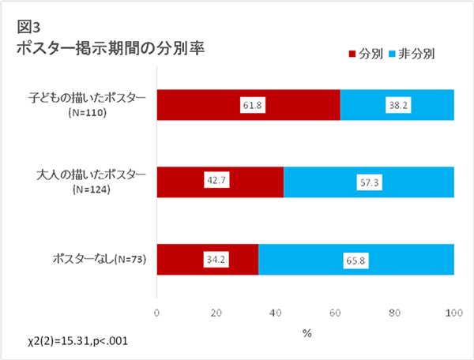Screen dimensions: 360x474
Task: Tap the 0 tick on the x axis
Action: [x=157, y=313]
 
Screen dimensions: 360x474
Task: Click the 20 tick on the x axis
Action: [x=216, y=313]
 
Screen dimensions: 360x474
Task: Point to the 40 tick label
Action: [x=276, y=313]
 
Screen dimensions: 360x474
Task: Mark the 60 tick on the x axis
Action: [x=335, y=313]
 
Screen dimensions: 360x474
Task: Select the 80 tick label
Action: [x=394, y=313]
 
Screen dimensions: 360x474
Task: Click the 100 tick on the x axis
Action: [x=453, y=313]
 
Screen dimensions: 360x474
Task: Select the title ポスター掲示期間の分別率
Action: [x=110, y=48]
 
